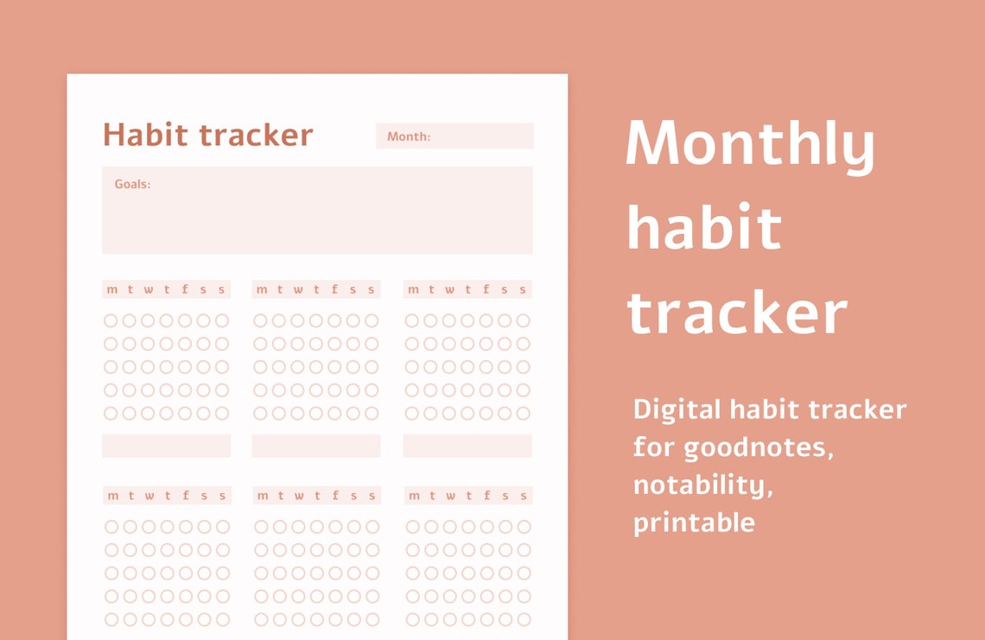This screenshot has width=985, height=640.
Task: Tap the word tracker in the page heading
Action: (x=256, y=136)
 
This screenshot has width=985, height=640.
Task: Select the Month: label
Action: (x=409, y=136)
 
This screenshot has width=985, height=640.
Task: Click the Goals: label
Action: (x=132, y=184)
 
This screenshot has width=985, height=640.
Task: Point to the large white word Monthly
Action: (x=750, y=144)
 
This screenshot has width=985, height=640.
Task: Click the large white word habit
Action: (x=704, y=227)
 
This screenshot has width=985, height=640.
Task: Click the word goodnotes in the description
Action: (x=759, y=447)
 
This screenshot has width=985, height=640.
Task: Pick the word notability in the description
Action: (x=702, y=485)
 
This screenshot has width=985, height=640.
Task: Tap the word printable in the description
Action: (x=694, y=523)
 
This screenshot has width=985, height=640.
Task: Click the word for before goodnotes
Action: (x=654, y=447)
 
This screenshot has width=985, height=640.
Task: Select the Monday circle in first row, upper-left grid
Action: (x=111, y=320)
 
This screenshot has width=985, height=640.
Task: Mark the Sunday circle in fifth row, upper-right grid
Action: (x=523, y=413)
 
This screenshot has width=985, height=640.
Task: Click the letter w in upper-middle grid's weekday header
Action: (x=298, y=289)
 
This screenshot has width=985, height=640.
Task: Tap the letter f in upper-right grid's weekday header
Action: (x=486, y=289)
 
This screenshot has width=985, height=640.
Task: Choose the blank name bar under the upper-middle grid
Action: (x=316, y=446)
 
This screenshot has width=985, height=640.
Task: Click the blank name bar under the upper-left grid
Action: (x=166, y=446)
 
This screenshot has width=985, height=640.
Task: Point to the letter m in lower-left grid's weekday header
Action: (x=112, y=496)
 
